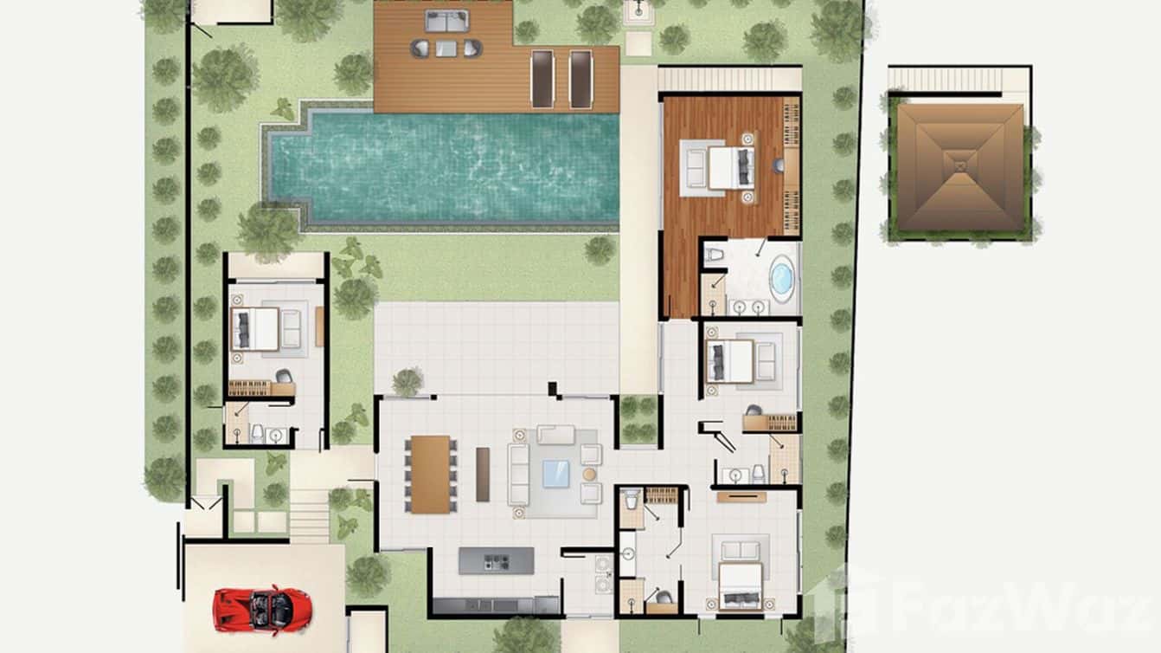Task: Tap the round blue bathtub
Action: (782, 279)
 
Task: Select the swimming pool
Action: (446, 167)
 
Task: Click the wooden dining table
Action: (430, 474)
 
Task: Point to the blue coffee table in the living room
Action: (555, 474)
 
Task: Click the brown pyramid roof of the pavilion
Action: (959, 166)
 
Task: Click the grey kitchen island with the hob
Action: (496, 560)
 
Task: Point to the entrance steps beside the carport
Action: (309, 514)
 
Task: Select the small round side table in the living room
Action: (590, 475)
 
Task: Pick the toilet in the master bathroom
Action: (715, 255)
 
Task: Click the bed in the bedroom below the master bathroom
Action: (728, 361)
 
